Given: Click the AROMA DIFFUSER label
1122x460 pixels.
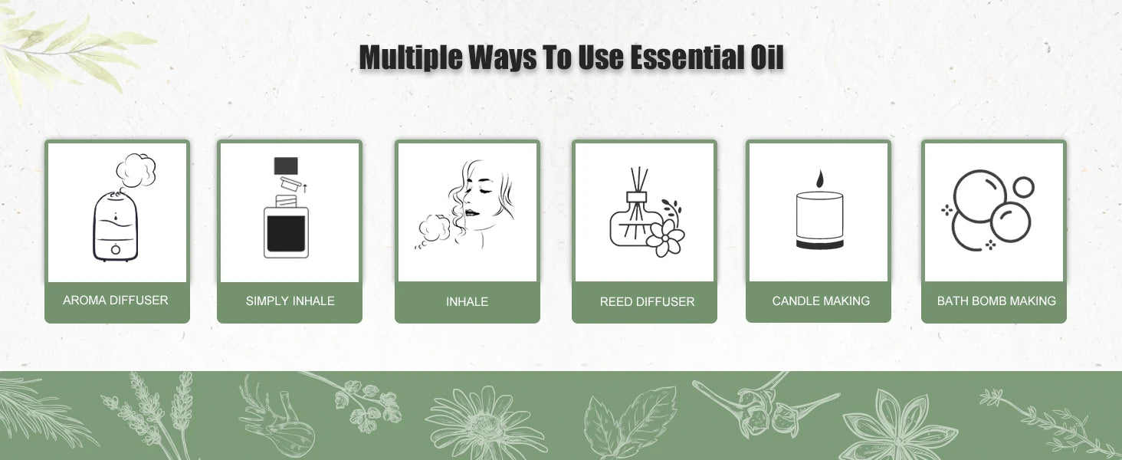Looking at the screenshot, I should pos(116,301).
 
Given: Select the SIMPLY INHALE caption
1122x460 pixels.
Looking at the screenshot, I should pos(290,301).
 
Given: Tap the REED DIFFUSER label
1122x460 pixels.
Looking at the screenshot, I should pos(647,302).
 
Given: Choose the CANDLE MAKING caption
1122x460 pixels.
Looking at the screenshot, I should pos(821,301).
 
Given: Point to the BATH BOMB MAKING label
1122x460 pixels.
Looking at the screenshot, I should pos(996,301).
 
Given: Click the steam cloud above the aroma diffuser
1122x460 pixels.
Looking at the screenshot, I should pos(136,169).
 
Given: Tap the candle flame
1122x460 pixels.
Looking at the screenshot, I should pos(819,179).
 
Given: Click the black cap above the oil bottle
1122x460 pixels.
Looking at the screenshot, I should pos(286,166).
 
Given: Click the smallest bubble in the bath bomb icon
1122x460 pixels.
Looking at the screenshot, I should pos(1023,186).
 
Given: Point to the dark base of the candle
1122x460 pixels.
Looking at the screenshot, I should pos(819,245).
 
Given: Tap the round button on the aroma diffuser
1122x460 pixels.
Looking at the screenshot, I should pos(116,248).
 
